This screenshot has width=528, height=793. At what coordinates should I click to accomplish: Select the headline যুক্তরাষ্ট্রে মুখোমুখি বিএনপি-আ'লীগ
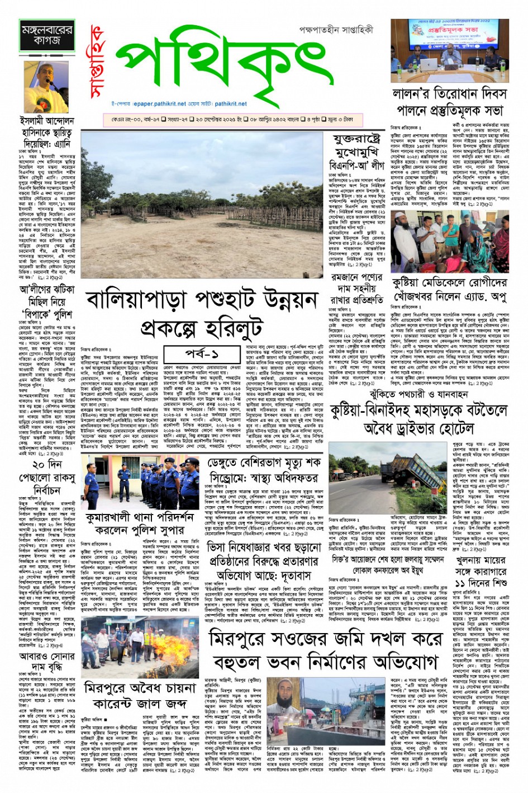357,151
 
